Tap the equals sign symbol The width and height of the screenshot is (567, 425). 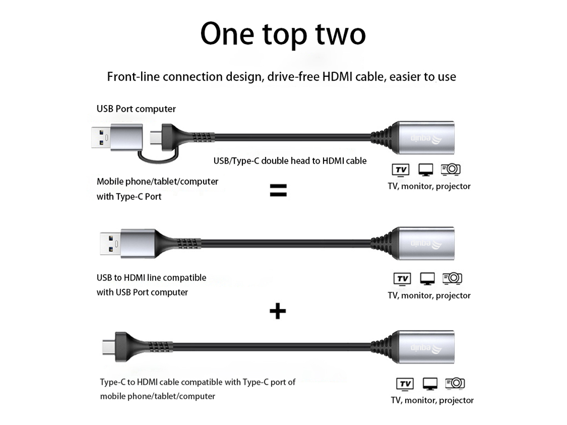click(x=278, y=190)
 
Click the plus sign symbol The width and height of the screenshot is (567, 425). click(x=277, y=311)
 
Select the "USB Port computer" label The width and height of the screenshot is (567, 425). click(x=136, y=109)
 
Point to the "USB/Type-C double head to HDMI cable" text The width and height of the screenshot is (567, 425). click(x=290, y=161)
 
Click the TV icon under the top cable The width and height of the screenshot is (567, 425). click(x=401, y=170)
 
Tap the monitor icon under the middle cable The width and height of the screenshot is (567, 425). click(x=427, y=279)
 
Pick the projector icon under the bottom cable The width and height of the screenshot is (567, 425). click(x=455, y=383)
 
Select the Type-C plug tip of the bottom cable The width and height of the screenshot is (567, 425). click(x=109, y=347)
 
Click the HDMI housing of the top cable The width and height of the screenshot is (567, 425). click(x=425, y=138)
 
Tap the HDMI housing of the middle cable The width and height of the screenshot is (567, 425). click(x=425, y=243)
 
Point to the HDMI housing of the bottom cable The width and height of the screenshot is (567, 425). click(x=425, y=347)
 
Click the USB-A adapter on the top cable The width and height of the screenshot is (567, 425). click(x=117, y=137)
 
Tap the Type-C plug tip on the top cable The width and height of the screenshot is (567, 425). click(x=156, y=138)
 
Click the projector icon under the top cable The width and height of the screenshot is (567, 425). click(x=450, y=169)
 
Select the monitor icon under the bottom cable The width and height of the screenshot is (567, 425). click(x=430, y=384)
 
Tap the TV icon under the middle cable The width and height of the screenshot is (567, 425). click(x=402, y=279)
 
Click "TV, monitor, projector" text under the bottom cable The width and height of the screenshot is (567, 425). click(x=432, y=400)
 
